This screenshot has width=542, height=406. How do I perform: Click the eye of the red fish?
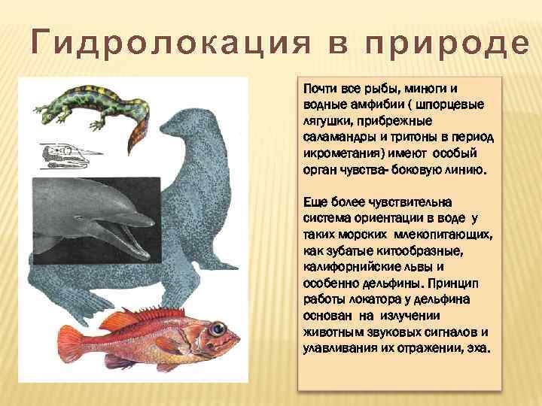point(218,329)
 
